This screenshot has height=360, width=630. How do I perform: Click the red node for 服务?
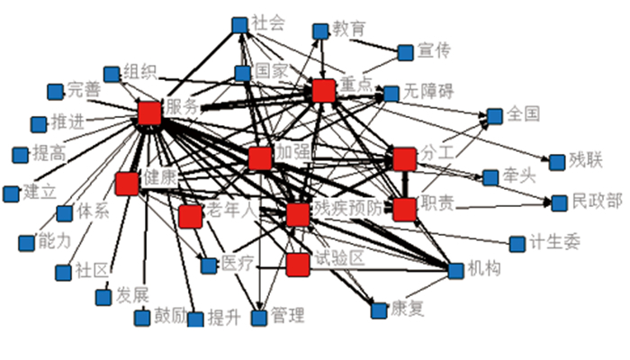click(148, 112)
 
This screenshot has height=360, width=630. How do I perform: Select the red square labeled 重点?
click(324, 89)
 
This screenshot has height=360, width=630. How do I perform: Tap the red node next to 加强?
click(260, 158)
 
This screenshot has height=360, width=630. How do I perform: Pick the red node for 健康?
click(127, 183)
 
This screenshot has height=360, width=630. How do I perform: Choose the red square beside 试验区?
click(298, 265)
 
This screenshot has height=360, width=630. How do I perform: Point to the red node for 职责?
click(405, 209)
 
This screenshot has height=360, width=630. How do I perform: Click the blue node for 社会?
click(239, 24)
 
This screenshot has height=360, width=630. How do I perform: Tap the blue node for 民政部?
click(560, 202)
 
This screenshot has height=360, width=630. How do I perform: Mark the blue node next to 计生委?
click(517, 243)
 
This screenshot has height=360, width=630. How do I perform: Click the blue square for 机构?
click(454, 269)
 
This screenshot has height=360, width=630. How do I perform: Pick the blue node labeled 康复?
click(378, 311)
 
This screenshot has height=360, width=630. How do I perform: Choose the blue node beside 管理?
click(259, 317)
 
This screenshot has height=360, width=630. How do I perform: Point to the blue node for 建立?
click(11, 193)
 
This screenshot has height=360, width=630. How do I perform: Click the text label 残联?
click(585, 160)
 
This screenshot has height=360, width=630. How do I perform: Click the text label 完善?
click(85, 89)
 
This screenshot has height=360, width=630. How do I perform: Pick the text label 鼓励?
click(172, 317)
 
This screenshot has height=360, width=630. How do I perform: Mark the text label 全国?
click(523, 114)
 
